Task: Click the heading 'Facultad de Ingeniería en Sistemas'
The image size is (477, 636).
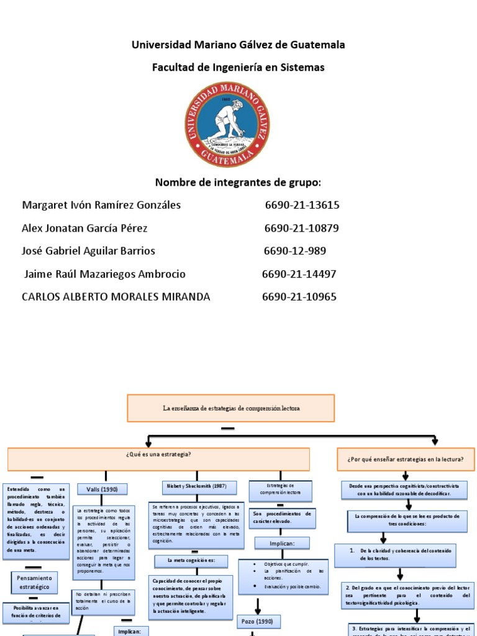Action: pyautogui.click(x=238, y=67)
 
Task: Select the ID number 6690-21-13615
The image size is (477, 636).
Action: pyautogui.click(x=302, y=205)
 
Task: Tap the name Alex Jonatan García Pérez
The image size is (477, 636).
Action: pyautogui.click(x=84, y=228)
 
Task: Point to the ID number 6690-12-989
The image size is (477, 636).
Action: pyautogui.click(x=294, y=251)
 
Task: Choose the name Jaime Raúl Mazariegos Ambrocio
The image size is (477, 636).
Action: pyautogui.click(x=104, y=274)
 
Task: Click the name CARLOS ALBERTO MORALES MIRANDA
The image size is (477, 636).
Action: pyautogui.click(x=116, y=297)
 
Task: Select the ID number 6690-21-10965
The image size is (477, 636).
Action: pyautogui.click(x=299, y=297)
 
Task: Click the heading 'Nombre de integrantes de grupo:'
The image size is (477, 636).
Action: pyautogui.click(x=238, y=182)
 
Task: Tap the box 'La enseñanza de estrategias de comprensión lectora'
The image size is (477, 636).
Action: pyautogui.click(x=231, y=408)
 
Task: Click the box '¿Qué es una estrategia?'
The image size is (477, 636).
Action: pyautogui.click(x=158, y=458)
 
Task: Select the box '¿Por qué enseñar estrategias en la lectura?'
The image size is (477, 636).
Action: pyautogui.click(x=406, y=459)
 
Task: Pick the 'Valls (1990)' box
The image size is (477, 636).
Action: pyautogui.click(x=102, y=489)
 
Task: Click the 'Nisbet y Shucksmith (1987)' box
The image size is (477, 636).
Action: pyautogui.click(x=193, y=486)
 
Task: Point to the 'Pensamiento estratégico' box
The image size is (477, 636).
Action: pyautogui.click(x=30, y=582)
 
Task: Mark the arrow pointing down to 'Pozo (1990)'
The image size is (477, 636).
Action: pyautogui.click(x=257, y=602)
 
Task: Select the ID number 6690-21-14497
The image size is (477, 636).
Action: pyautogui.click(x=299, y=274)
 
